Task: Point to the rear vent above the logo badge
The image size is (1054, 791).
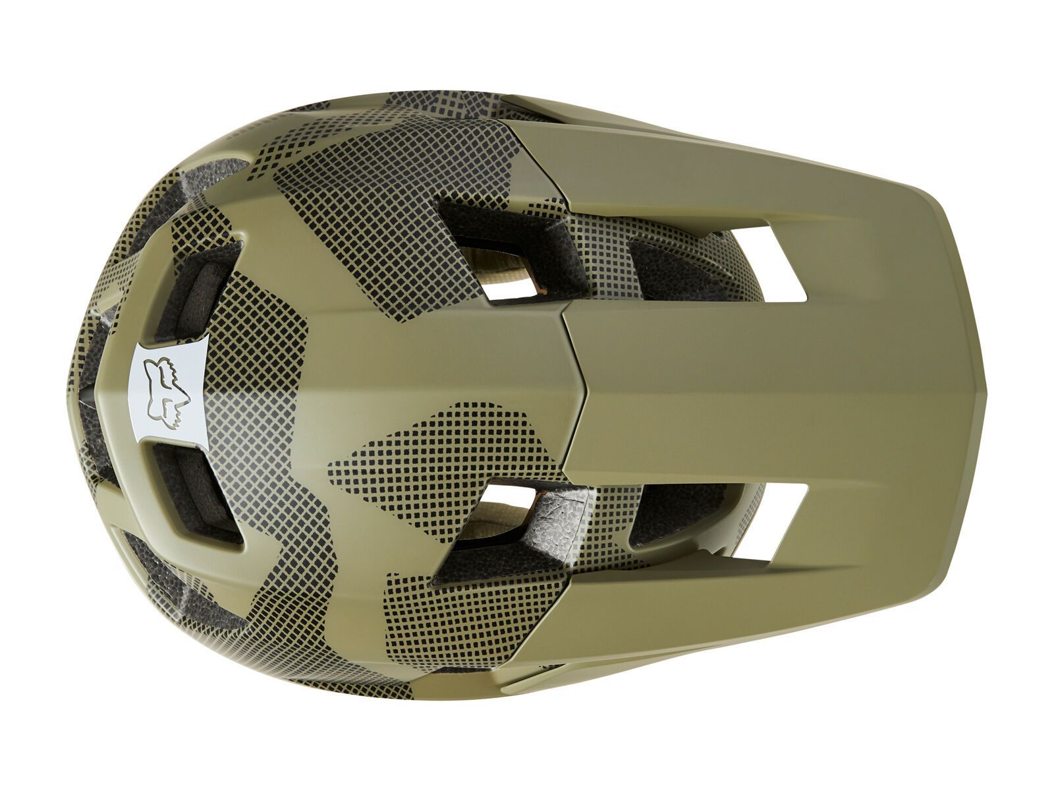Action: [x=198, y=290]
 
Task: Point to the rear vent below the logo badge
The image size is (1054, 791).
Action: [x=191, y=488]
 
